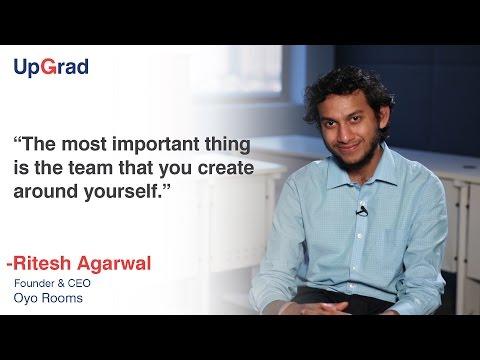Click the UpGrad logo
point(51,67)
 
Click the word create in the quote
point(226,168)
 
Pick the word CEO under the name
point(79,283)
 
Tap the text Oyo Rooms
point(48,298)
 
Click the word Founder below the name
point(34,283)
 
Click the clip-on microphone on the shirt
point(362,211)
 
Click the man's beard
point(357,157)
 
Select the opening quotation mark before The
point(18,139)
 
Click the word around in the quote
point(45,191)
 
